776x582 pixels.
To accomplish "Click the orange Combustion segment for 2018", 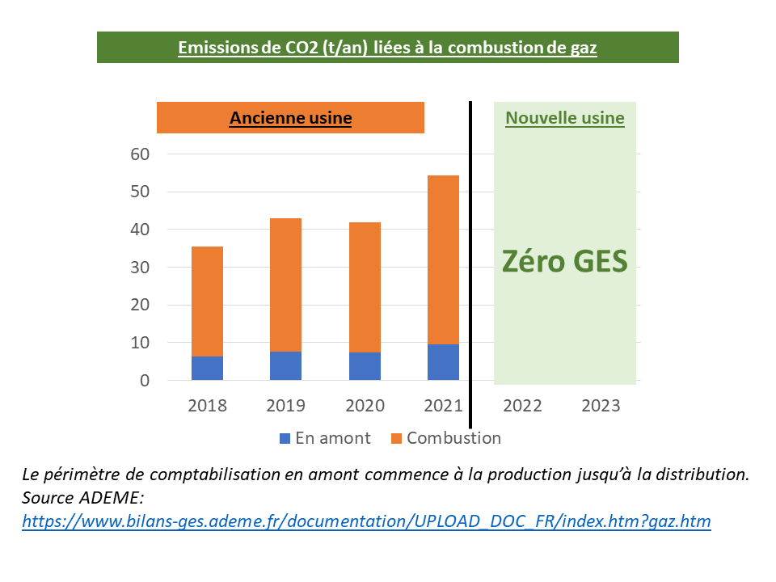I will click(207, 301).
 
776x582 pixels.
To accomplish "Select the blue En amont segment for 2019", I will click(285, 366).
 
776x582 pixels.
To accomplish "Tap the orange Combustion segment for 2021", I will click(443, 259).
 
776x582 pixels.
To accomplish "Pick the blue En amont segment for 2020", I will click(365, 366).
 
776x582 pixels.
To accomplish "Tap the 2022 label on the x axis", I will click(522, 406).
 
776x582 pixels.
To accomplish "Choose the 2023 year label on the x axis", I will click(601, 406).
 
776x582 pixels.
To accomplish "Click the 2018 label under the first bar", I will click(207, 406).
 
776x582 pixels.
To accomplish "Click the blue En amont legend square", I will click(285, 439).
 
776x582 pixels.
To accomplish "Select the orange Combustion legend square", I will click(396, 439).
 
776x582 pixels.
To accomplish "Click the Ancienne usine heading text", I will click(291, 118).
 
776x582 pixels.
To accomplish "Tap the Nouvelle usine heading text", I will click(565, 118).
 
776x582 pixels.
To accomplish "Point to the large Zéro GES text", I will click(565, 262).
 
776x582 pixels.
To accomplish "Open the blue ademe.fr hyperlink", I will click(366, 521).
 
